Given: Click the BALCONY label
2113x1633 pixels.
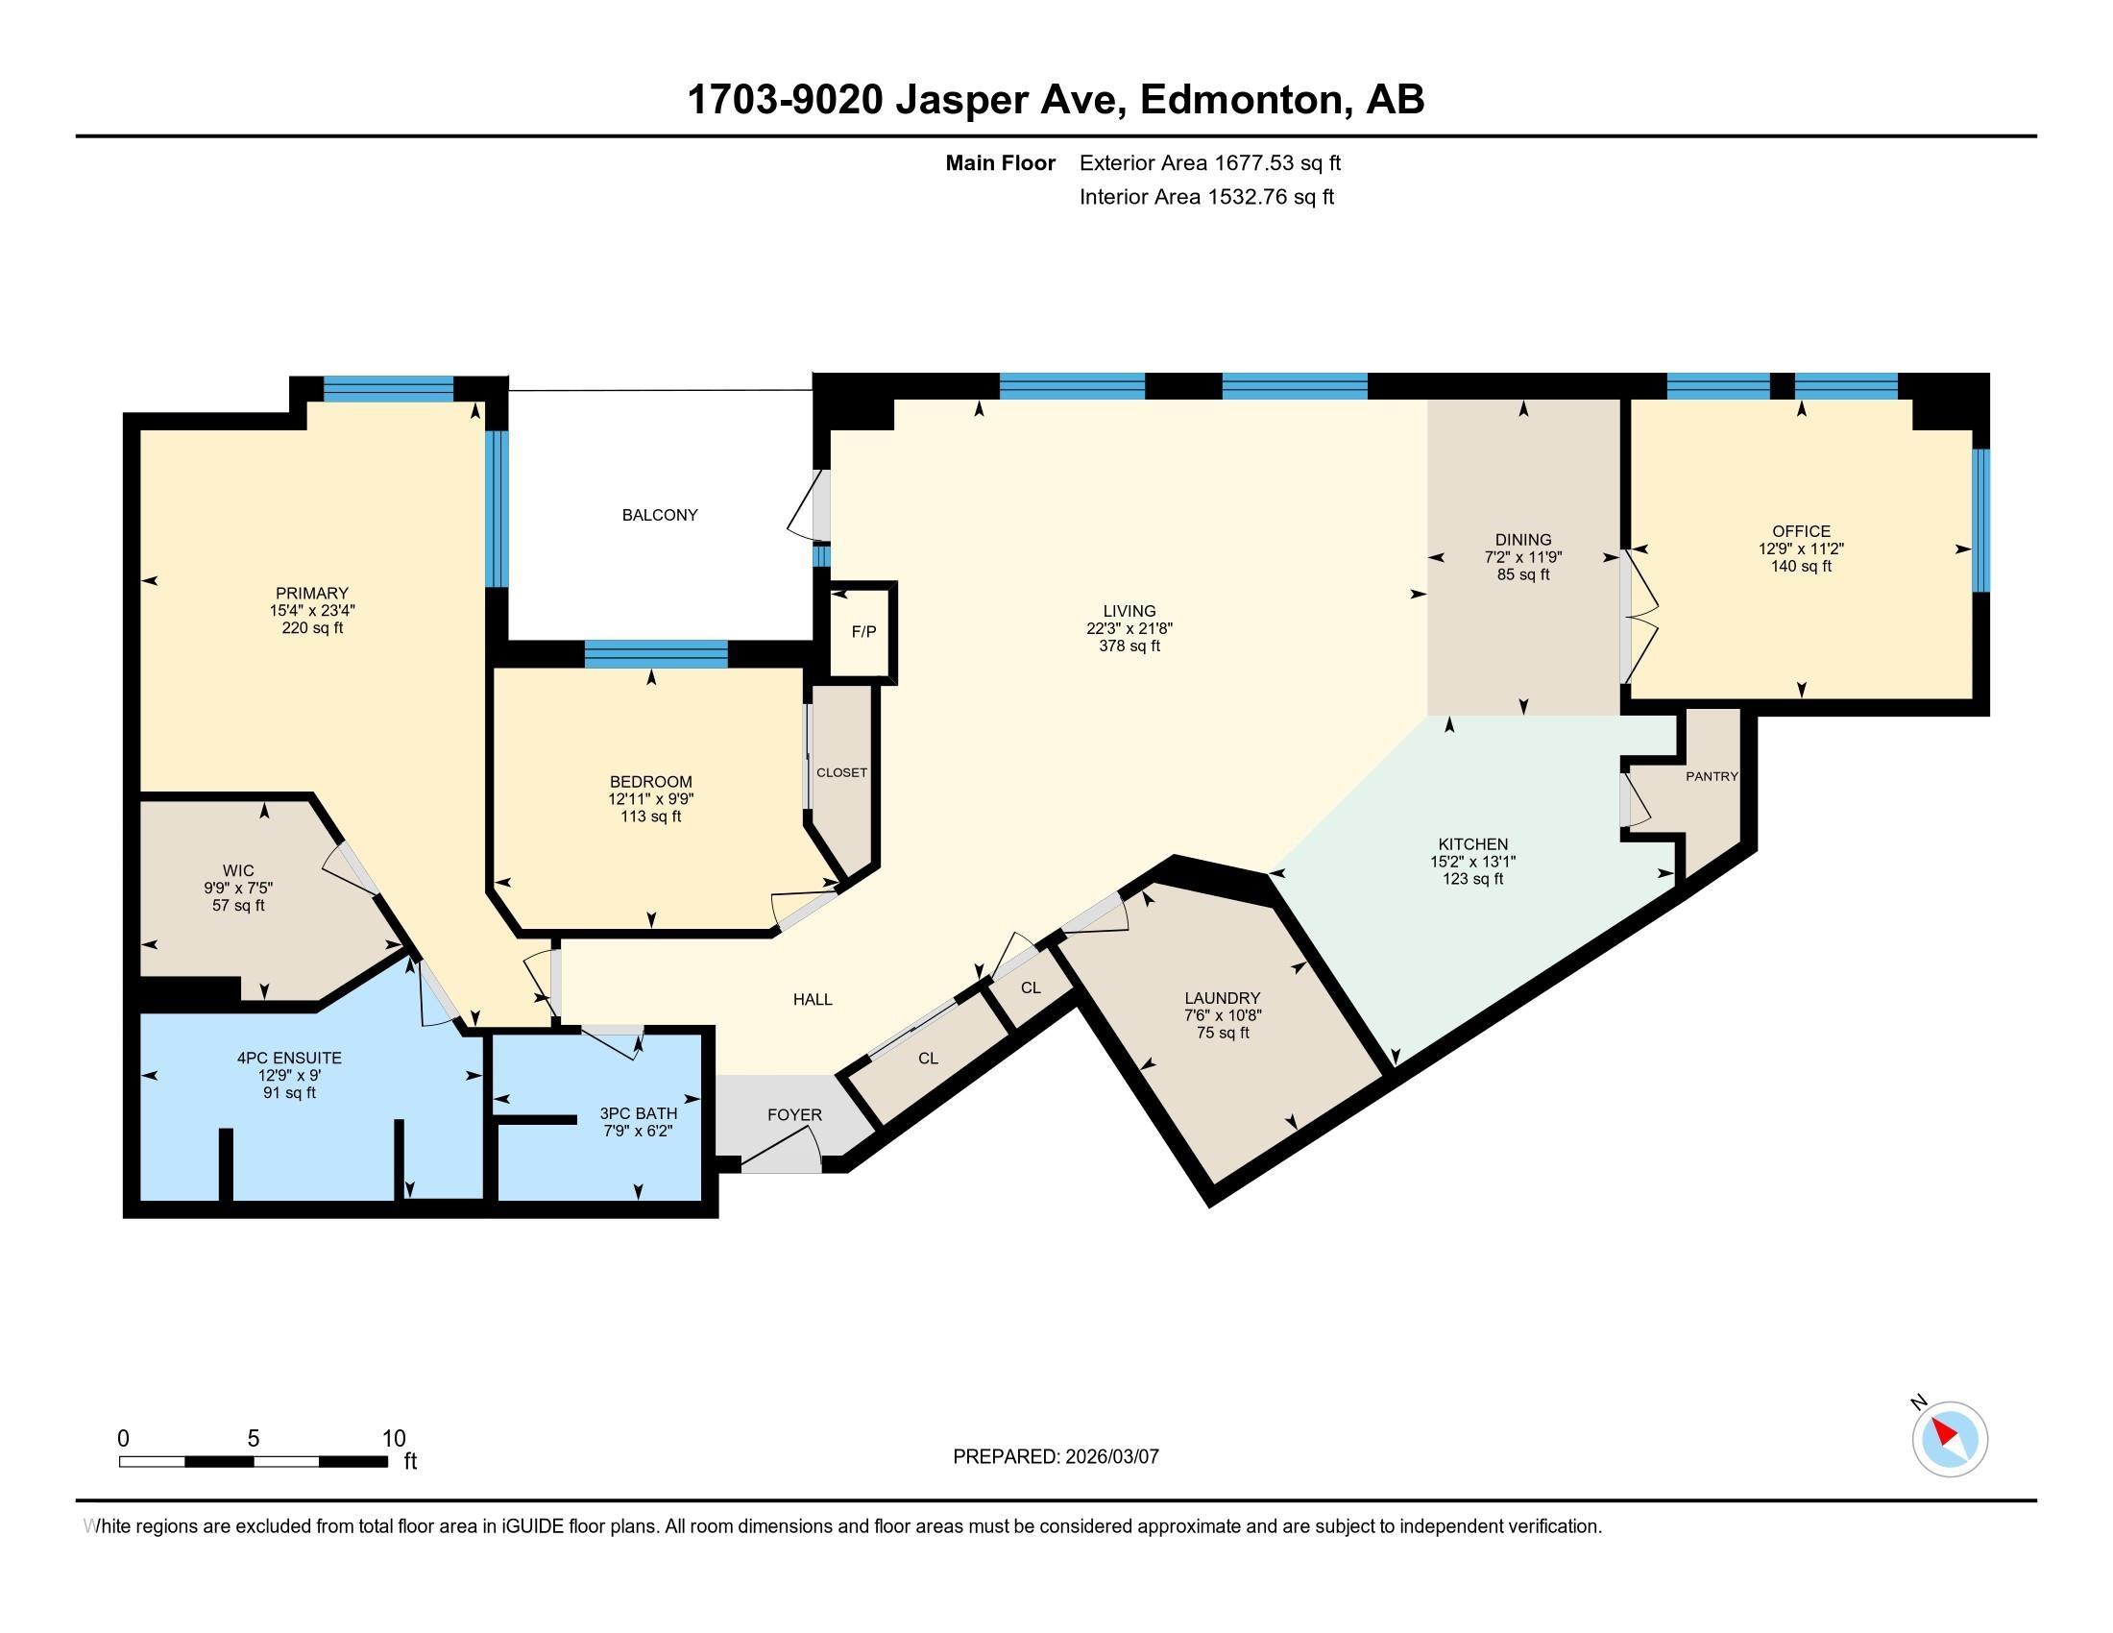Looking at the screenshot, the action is (x=660, y=515).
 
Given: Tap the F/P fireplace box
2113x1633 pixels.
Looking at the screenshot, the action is (x=864, y=632).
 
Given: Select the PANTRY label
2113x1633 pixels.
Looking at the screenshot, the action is (x=1712, y=776).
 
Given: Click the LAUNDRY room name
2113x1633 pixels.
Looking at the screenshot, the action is (x=1223, y=997).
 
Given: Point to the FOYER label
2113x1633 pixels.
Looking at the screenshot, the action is (x=794, y=1114).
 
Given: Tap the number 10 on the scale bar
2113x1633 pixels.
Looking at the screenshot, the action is (x=393, y=1438).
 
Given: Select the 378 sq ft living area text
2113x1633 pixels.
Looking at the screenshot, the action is (x=1129, y=646).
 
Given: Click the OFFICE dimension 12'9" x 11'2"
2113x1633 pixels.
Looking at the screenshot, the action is (x=1801, y=548).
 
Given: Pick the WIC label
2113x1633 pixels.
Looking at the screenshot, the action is (x=238, y=870).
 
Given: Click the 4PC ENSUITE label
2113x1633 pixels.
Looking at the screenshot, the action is (x=289, y=1059).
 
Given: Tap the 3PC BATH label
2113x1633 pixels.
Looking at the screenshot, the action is (x=639, y=1113).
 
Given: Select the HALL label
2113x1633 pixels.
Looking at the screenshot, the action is (x=813, y=999).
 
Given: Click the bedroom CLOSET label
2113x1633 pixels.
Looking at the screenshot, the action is (x=841, y=772).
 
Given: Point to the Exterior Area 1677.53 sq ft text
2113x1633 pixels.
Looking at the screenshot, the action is (x=1210, y=162).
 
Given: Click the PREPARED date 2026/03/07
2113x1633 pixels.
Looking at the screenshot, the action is (x=1110, y=1456).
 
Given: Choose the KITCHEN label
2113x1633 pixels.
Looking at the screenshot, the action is (x=1472, y=843).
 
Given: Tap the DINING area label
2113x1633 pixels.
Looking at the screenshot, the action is (x=1523, y=540).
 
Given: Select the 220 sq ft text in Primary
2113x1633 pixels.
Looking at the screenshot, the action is (x=311, y=627).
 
